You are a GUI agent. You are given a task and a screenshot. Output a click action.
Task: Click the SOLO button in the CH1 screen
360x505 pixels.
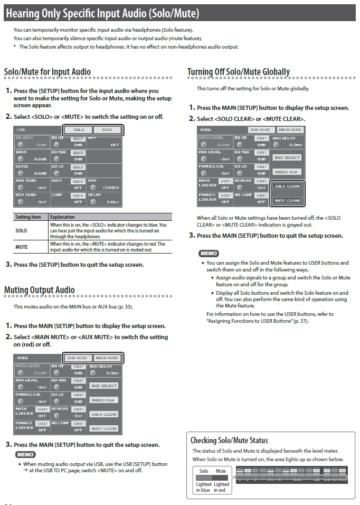[x=78, y=129]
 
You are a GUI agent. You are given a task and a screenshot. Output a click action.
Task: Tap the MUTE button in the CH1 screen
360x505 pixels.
[x=107, y=129]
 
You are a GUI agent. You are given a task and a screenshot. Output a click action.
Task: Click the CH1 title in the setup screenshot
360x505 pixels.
[x=21, y=129]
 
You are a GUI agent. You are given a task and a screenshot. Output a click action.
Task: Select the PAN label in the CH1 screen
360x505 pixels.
[x=92, y=180]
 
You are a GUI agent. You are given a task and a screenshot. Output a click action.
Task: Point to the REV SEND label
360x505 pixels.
[x=25, y=194]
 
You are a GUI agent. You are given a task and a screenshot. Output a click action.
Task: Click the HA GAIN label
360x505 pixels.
[x=24, y=137]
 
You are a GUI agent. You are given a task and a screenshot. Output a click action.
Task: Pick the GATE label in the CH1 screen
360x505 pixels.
[x=57, y=180]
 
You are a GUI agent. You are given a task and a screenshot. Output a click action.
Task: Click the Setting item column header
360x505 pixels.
[x=28, y=217]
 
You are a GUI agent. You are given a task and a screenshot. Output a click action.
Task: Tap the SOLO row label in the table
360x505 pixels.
[x=22, y=230]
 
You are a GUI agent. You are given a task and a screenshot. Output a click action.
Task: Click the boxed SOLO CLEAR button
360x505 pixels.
[x=287, y=186]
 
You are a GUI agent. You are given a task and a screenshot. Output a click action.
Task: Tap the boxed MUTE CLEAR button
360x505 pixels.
[x=287, y=200]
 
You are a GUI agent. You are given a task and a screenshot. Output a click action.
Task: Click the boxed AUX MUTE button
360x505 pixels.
[x=78, y=358]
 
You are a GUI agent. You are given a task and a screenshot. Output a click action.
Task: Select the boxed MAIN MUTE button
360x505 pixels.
[x=107, y=358]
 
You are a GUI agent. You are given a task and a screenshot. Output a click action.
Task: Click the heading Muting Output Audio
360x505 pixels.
[x=40, y=289]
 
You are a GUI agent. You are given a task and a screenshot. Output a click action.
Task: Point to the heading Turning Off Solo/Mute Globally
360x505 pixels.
[x=239, y=72]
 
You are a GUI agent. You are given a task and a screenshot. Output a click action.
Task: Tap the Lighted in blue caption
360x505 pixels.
[x=204, y=487]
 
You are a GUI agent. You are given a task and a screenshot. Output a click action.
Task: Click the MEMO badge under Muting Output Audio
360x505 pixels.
[x=25, y=454]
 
